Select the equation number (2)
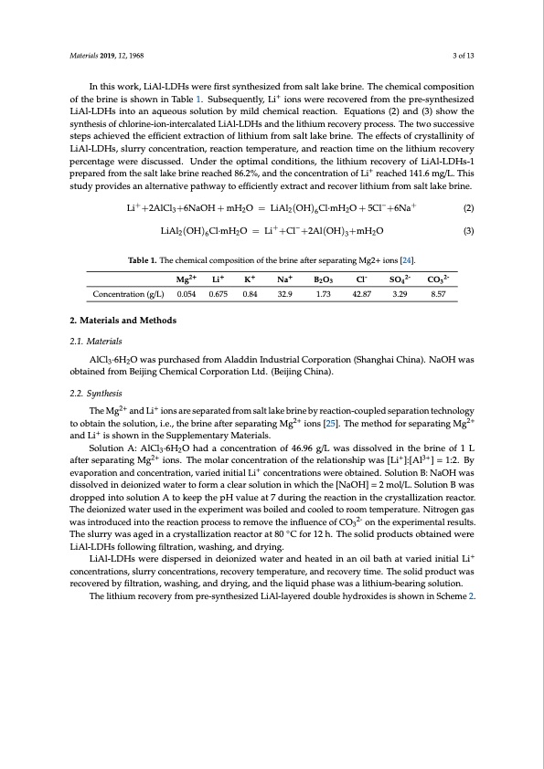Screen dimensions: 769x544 [x=466, y=208]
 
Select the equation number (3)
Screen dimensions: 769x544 [x=466, y=230]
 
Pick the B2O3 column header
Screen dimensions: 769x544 [x=323, y=278]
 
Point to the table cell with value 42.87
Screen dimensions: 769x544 [x=362, y=295]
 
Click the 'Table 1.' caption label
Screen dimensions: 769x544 [x=152, y=259]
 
